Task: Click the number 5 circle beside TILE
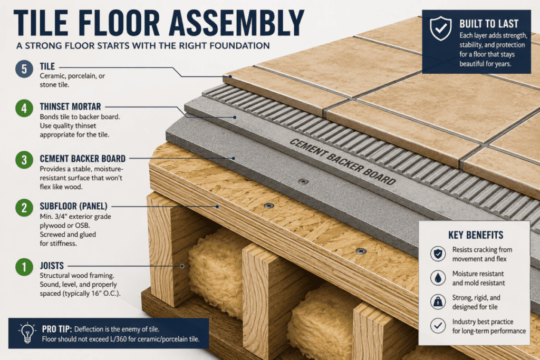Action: point(24,69)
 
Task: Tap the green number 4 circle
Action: point(24,108)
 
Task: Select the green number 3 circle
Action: point(24,160)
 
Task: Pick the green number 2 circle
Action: point(24,208)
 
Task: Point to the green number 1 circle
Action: point(24,267)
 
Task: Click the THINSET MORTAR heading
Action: point(70,106)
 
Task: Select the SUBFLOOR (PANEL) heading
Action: point(73,206)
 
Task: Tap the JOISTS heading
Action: point(52,266)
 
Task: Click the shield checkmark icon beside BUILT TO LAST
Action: point(440,28)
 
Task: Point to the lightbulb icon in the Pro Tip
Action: point(27,333)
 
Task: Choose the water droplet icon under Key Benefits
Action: point(438,277)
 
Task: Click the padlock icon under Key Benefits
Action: point(438,301)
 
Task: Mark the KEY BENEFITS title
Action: point(476,235)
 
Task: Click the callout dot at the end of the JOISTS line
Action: point(182,266)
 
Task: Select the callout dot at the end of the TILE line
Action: point(230,76)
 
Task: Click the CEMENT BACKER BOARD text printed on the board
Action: point(342,161)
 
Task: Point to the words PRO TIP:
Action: point(57,329)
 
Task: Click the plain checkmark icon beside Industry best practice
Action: point(438,326)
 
